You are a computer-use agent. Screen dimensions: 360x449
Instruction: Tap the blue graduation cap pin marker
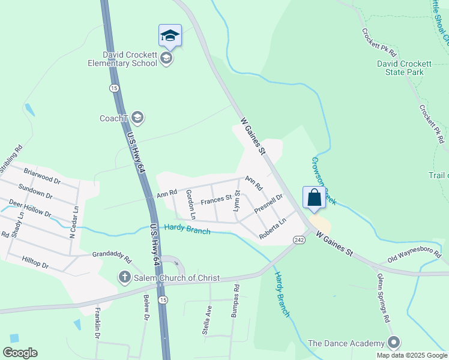click(x=170, y=36)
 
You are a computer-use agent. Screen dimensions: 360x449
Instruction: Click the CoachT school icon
click(x=138, y=118)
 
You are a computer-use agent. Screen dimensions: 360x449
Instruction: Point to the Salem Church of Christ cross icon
click(x=124, y=278)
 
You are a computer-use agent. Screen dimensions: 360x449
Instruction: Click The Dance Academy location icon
click(x=394, y=343)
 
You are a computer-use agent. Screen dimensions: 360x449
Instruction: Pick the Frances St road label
click(x=216, y=200)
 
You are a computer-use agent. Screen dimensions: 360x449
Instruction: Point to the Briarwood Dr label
click(x=42, y=175)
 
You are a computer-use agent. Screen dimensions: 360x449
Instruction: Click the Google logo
click(x=20, y=353)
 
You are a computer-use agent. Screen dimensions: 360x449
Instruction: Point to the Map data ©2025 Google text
click(x=412, y=355)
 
